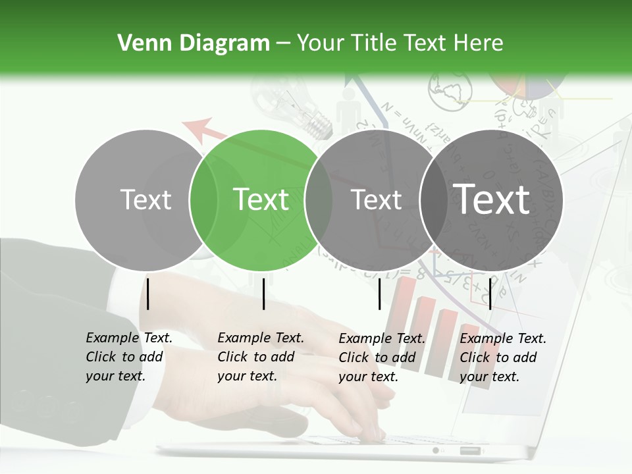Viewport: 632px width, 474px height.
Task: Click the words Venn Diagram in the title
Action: (193, 43)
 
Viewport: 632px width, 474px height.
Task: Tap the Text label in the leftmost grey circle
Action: (145, 199)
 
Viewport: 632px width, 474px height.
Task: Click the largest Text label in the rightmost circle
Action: (492, 199)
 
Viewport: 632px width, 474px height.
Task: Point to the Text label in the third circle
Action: (376, 199)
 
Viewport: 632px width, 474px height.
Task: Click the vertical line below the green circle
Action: (263, 294)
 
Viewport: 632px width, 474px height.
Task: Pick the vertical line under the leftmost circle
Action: (148, 294)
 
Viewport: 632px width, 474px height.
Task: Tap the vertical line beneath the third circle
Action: (379, 294)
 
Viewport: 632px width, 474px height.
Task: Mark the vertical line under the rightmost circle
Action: (490, 294)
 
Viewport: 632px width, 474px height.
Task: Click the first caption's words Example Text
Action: (129, 338)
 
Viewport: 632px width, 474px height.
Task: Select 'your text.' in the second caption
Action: (247, 376)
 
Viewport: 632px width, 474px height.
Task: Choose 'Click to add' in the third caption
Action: (377, 357)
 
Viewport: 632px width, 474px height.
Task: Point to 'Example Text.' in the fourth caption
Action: (503, 338)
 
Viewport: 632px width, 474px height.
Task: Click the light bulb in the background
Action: (303, 105)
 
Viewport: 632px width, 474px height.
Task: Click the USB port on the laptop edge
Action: (470, 451)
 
